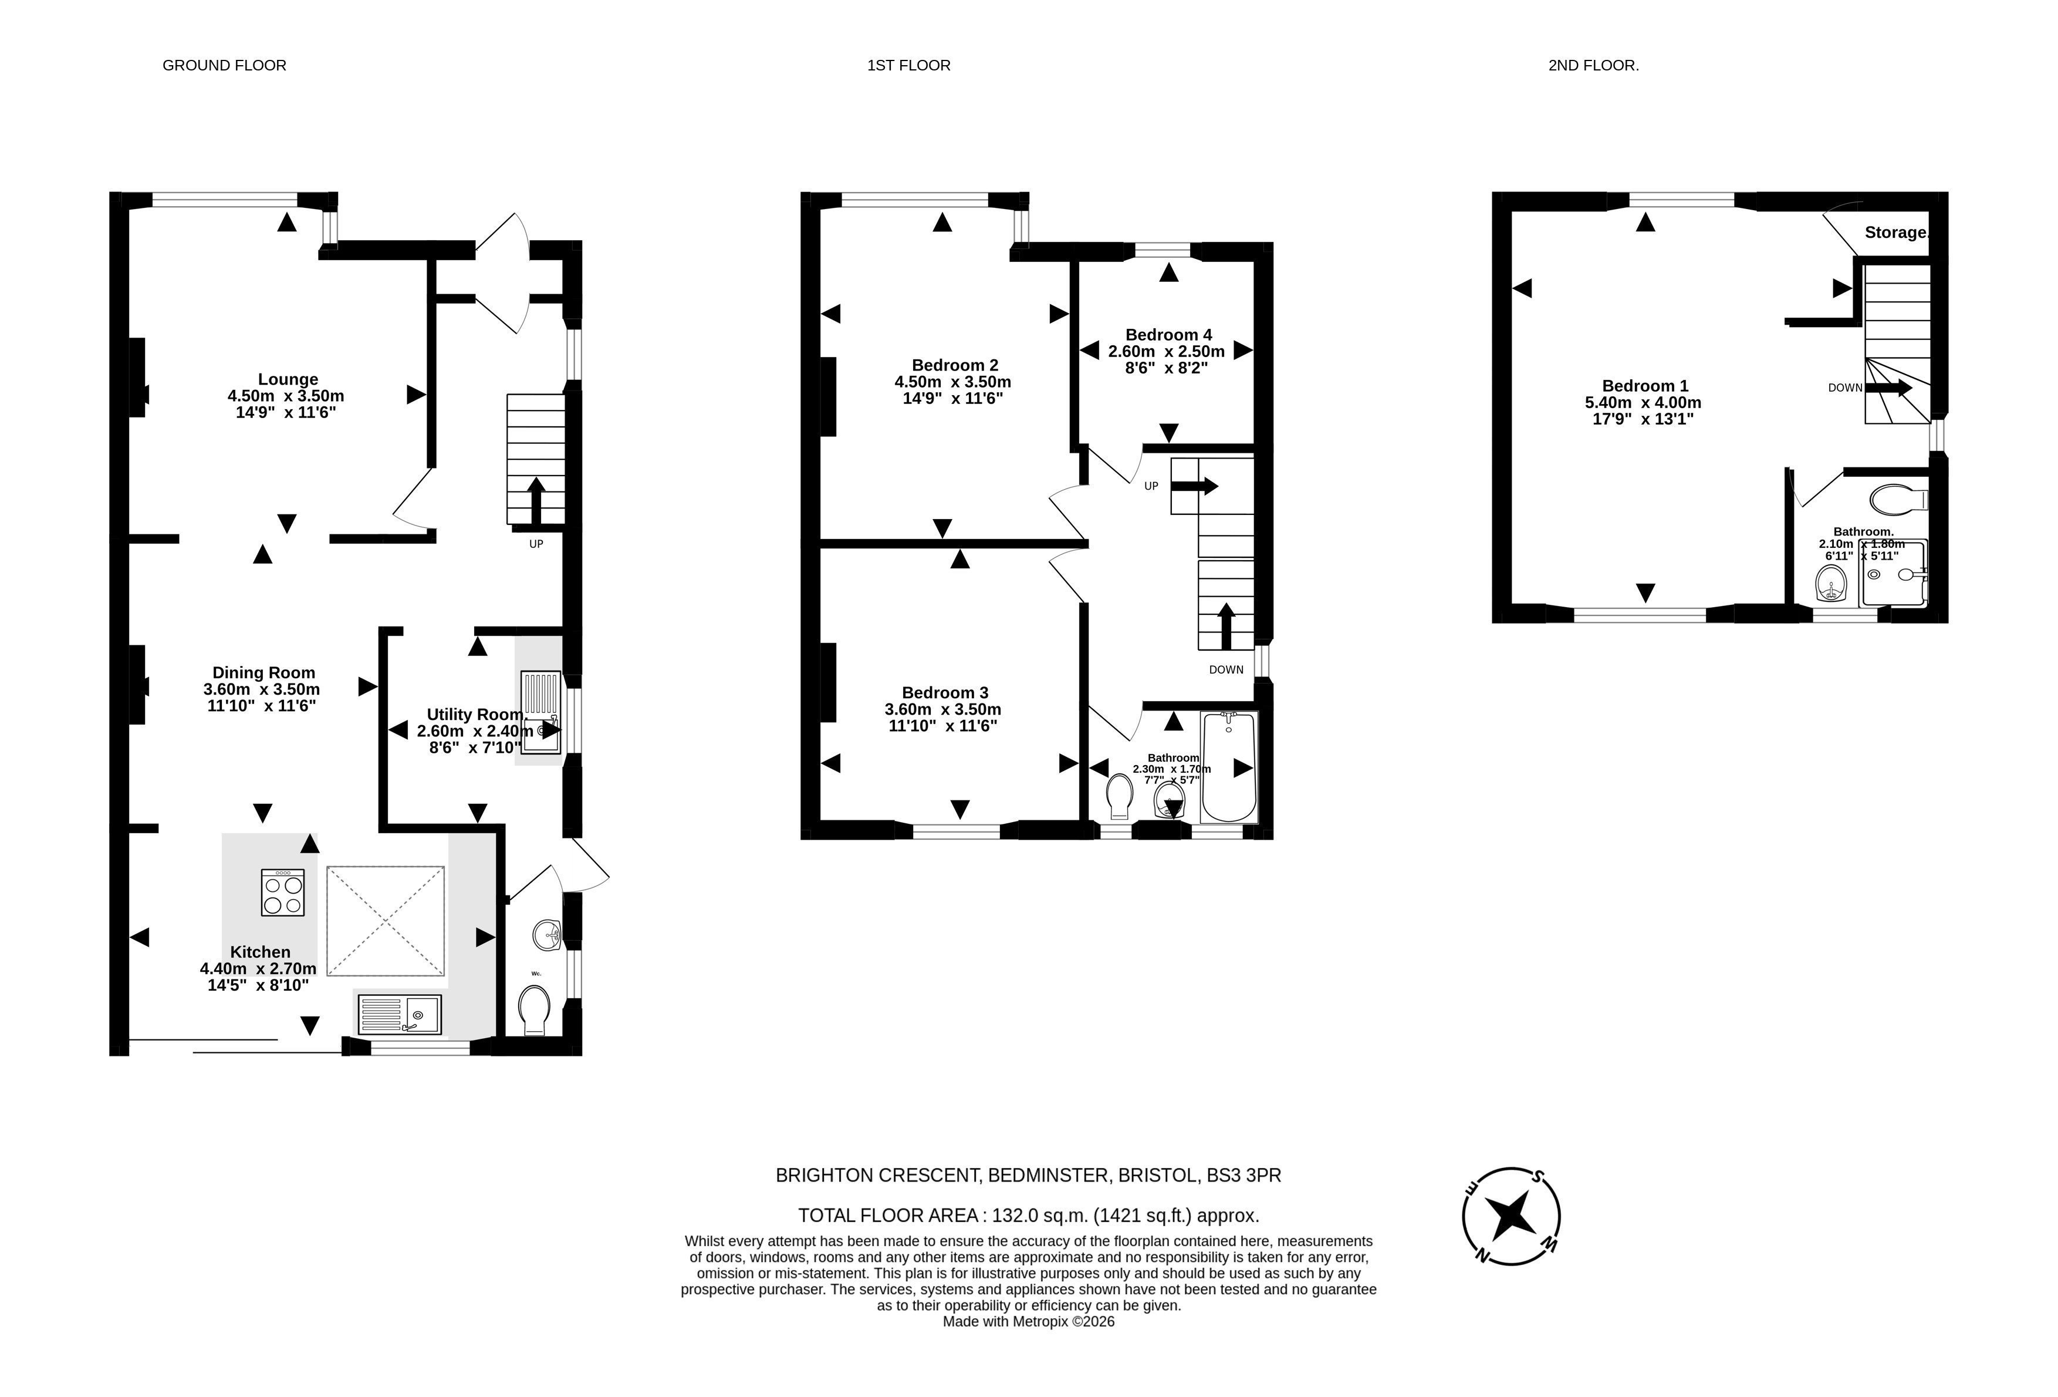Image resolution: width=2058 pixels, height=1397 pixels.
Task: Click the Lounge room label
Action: point(288,379)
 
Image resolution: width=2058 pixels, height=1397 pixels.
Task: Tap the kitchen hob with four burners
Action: point(282,892)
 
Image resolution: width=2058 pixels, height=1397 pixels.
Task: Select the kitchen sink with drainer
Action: point(400,1014)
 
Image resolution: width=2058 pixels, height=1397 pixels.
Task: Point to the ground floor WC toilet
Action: point(535,1012)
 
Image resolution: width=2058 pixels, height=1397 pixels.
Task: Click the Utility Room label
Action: point(475,714)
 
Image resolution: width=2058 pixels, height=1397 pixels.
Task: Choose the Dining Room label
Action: point(264,672)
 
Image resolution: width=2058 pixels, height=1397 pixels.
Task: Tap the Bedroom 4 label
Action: point(1168,335)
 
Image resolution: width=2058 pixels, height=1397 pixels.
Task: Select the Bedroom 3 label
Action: point(945,693)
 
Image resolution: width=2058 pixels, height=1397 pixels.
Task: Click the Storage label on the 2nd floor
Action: point(1896,232)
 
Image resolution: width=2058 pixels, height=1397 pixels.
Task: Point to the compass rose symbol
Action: point(1510,1216)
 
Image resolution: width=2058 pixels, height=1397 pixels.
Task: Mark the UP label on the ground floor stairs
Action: point(536,544)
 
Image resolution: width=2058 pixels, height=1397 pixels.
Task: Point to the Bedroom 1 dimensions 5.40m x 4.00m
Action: point(1644,402)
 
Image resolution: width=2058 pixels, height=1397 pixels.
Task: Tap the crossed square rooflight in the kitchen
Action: point(385,921)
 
